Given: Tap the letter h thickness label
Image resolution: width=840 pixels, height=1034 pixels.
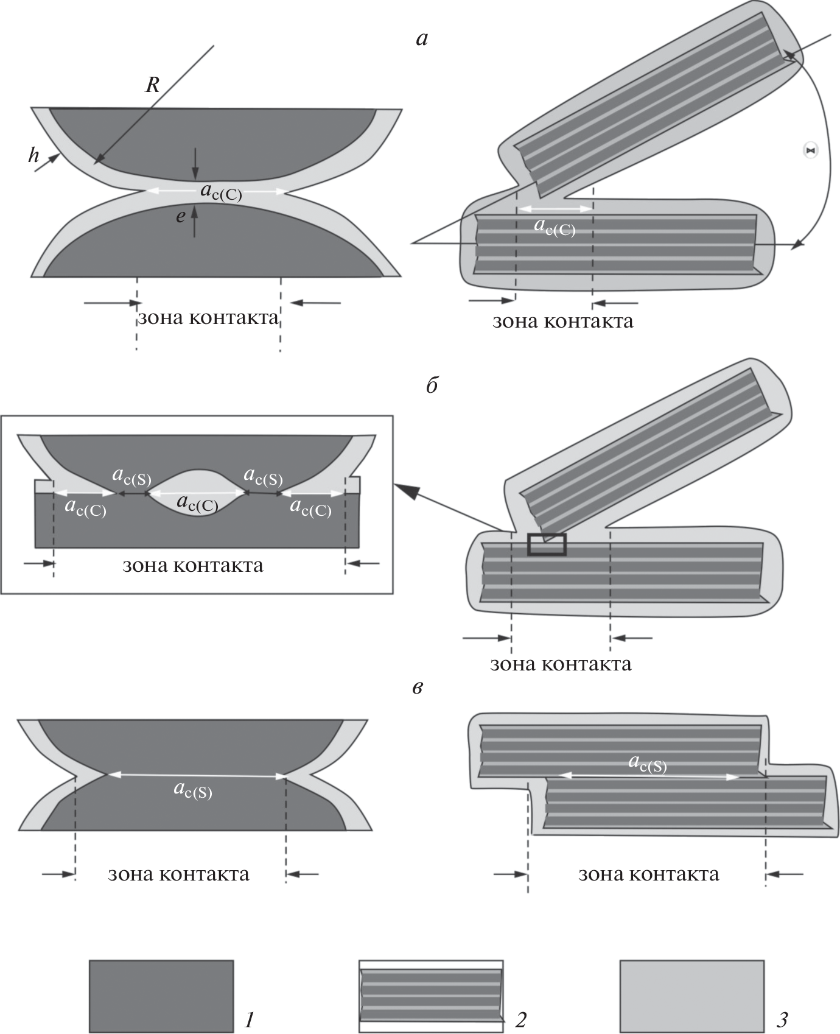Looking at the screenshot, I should coord(33,156).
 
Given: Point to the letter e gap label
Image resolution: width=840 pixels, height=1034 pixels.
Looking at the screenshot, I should coord(180,216).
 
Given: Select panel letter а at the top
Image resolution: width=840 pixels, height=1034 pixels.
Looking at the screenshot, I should coord(421,40).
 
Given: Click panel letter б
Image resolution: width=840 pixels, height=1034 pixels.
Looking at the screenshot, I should coord(432,386).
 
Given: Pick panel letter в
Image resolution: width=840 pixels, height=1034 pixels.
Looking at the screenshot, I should coord(418,688).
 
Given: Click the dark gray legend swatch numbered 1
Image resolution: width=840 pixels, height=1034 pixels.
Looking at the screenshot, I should coord(161,996).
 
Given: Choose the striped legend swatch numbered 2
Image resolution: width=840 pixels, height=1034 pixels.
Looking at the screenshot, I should coord(431,996).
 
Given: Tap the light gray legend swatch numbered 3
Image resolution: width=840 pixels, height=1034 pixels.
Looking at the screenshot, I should coord(691,996).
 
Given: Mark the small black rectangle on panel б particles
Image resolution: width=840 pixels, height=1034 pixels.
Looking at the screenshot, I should coord(547,544).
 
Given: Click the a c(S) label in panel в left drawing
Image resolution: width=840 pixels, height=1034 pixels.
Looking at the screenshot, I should coord(193,790).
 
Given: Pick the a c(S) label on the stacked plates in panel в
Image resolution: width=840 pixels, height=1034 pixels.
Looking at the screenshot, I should coord(648,763).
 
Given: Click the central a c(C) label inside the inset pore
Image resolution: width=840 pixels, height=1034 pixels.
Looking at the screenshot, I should coord(197,503).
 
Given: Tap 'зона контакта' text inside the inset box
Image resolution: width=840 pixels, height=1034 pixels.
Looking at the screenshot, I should coord(193,566).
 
